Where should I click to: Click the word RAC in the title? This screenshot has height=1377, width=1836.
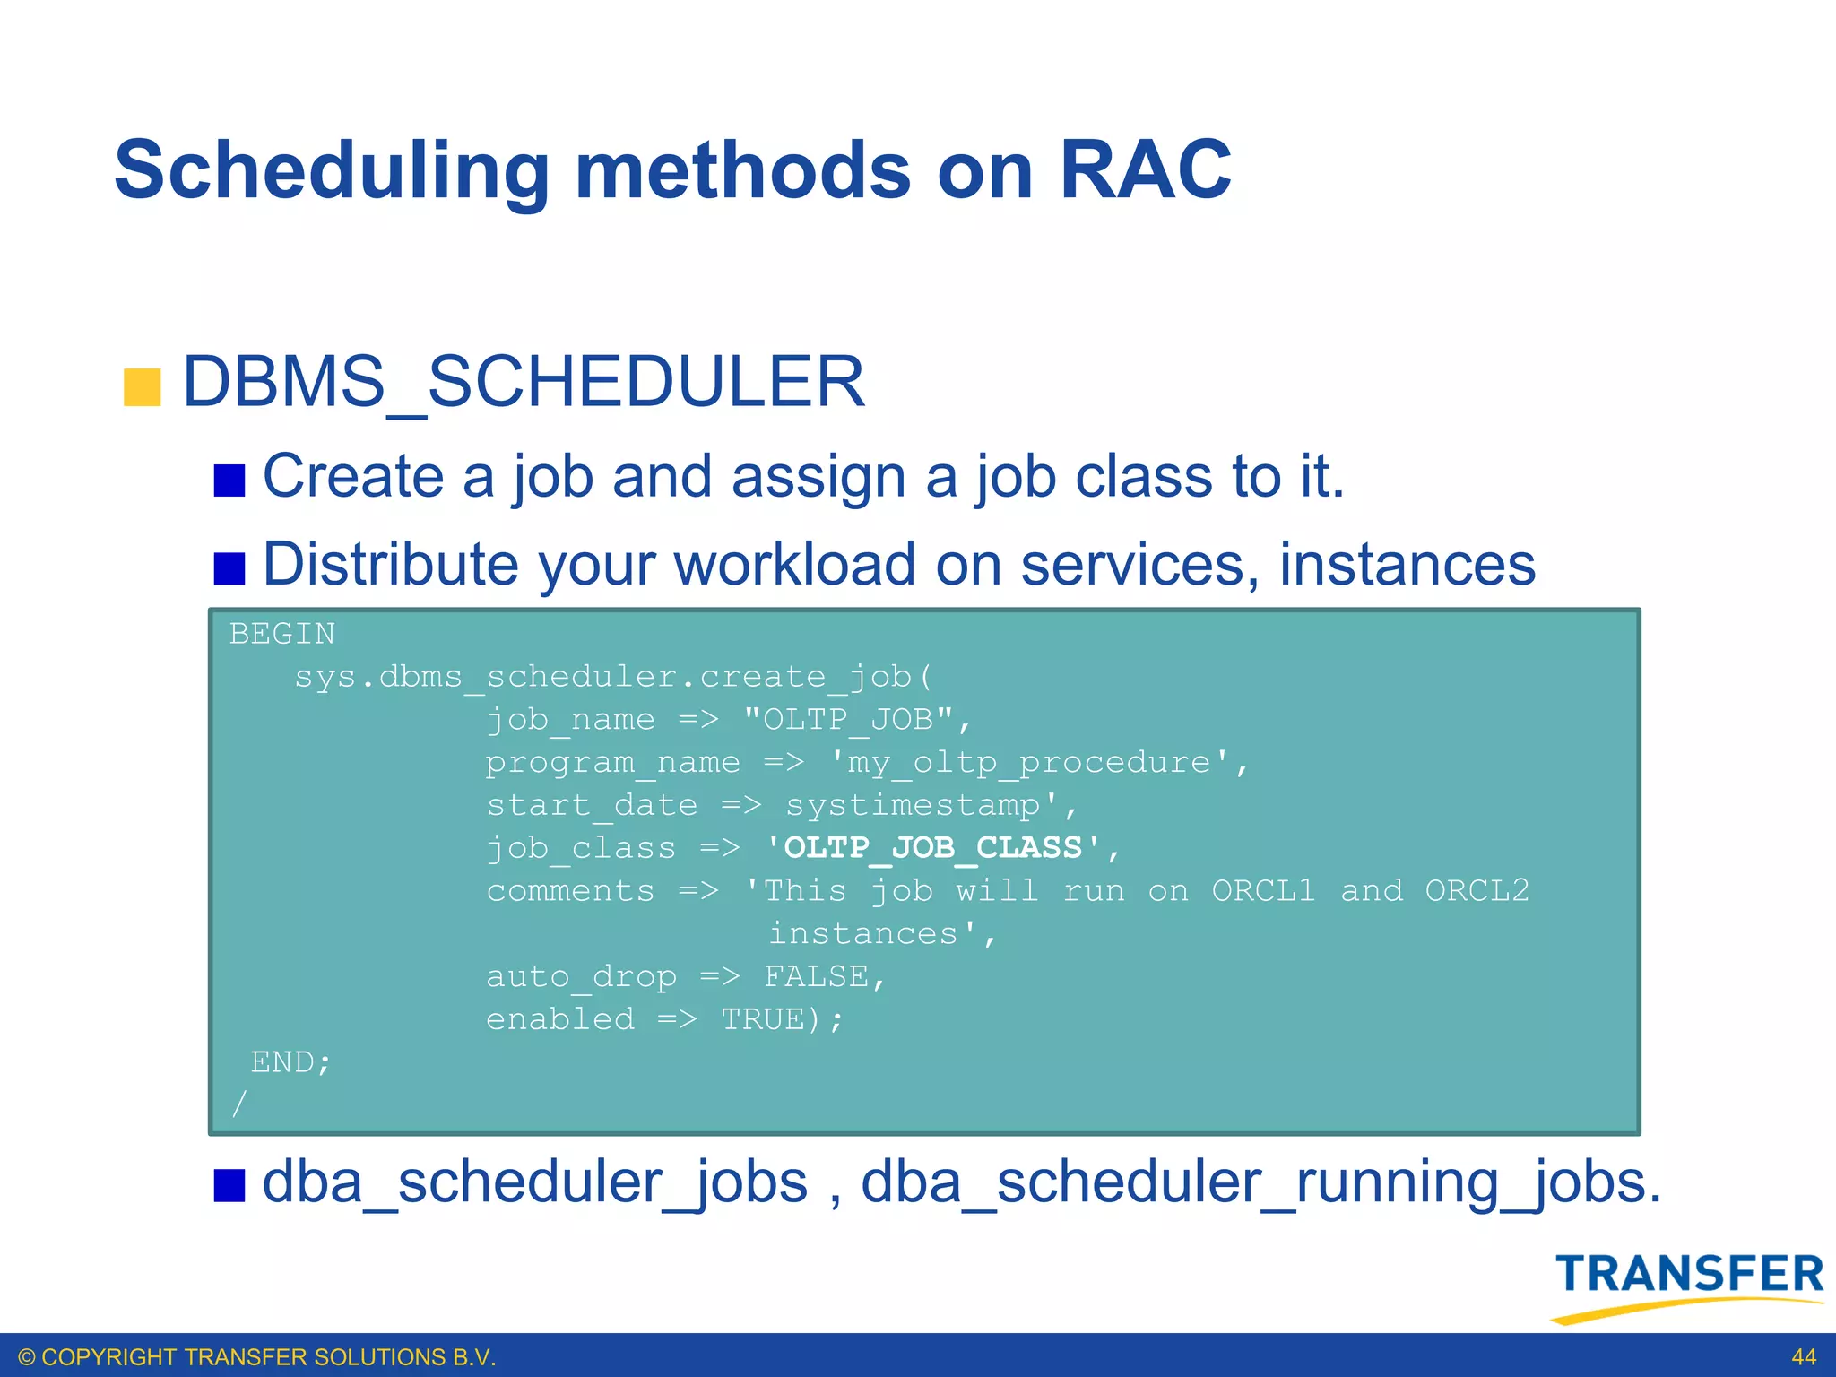tap(1145, 170)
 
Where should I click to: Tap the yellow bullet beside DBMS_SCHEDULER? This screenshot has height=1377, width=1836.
tap(142, 387)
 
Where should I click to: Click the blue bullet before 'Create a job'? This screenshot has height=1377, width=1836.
tap(229, 481)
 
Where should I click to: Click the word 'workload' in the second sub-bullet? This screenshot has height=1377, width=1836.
tap(794, 566)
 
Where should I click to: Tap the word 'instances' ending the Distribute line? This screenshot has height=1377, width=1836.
tap(1407, 566)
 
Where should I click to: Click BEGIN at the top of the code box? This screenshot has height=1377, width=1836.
tap(282, 634)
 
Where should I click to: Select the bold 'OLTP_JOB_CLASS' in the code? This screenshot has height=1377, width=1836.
tap(933, 847)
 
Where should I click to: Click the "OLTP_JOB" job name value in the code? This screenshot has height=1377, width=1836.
tap(848, 719)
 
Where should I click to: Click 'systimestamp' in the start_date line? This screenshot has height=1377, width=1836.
tap(913, 805)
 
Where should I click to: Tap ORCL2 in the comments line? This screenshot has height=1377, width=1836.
tap(1477, 890)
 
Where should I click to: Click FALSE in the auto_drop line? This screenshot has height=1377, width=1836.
tap(816, 976)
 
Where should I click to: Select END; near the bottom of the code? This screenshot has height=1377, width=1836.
tap(290, 1062)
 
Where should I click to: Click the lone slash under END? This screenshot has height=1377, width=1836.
tap(238, 1104)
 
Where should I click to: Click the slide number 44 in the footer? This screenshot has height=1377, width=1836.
tap(1803, 1357)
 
